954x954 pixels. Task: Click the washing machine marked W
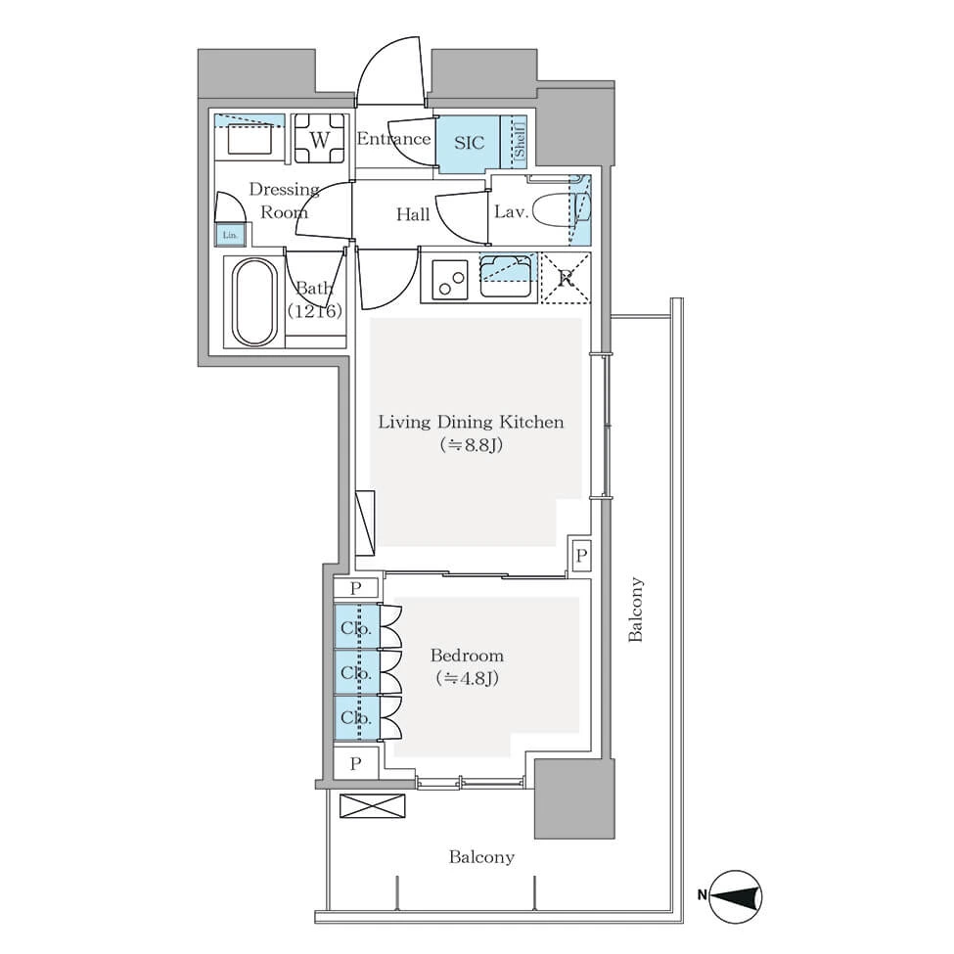pos(319,139)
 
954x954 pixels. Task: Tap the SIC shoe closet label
pos(469,143)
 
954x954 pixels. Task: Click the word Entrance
pos(393,139)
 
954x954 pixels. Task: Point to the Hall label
pos(413,214)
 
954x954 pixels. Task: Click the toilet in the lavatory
pos(560,210)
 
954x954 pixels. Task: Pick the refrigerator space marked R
pos(566,278)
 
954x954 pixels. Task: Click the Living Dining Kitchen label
pos(471,422)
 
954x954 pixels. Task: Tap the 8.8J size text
pos(472,445)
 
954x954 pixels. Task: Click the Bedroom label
pos(467,656)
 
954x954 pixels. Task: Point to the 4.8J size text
pos(468,678)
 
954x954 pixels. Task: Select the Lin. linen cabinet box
pos(230,235)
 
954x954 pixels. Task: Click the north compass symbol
pos(736,896)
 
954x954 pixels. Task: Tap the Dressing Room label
pos(284,201)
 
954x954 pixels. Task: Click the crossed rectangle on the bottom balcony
pos(373,806)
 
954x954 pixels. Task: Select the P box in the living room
pos(581,555)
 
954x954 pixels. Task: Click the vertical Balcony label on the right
pos(635,609)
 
